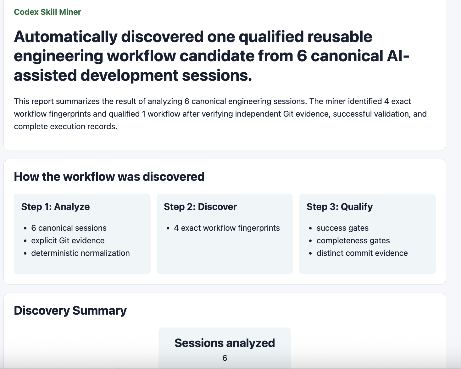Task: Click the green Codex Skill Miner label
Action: pos(47,12)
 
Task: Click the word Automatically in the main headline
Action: pos(66,37)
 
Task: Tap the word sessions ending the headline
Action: pos(217,76)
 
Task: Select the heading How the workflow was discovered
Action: pos(109,177)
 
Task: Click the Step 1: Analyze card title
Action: pos(55,207)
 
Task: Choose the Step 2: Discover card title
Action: pos(200,207)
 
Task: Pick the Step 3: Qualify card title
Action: pos(340,207)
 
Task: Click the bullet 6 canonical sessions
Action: pos(69,228)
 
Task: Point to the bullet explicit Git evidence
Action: pos(68,241)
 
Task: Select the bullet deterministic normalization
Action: pos(80,253)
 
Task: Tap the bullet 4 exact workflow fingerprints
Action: pos(227,228)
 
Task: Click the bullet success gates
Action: pos(342,228)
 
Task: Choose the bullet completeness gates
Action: pos(353,241)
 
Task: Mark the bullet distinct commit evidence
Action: pos(362,253)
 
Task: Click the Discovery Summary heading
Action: pos(70,311)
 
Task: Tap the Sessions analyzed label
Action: pos(225,343)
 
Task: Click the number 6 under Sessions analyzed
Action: pos(225,358)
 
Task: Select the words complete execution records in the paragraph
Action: pos(65,127)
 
